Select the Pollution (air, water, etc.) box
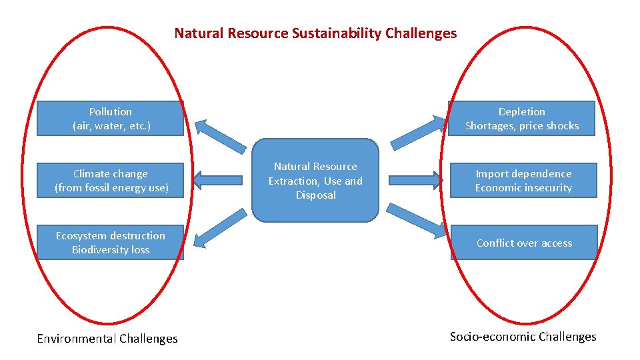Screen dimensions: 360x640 coord(111,119)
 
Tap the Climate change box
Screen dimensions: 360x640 coord(111,181)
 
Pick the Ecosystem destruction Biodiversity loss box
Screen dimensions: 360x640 coord(111,243)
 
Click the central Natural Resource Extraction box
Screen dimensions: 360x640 coord(315,181)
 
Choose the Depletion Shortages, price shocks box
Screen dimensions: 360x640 coord(522,119)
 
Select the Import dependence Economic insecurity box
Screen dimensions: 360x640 coord(523,181)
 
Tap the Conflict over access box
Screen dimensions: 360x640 coord(524,243)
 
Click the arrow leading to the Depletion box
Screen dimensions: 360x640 coord(417,132)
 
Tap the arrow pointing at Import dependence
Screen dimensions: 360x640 coord(416,179)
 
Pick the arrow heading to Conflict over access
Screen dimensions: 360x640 coord(417,221)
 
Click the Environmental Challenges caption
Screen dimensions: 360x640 coord(107,339)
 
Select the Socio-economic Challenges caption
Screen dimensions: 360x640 coord(523,337)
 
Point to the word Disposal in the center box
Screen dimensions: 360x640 coord(315,195)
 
